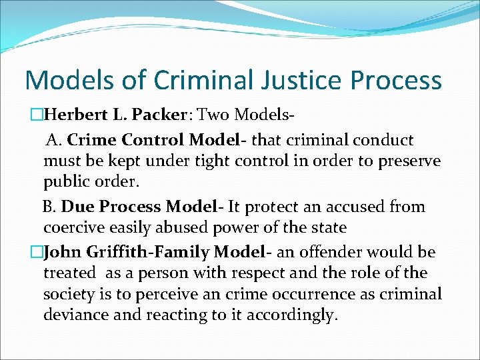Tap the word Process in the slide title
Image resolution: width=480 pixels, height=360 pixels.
pos(395,81)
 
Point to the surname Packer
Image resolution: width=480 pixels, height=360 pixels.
pos(157,115)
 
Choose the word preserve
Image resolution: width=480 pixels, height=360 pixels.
pos(408,161)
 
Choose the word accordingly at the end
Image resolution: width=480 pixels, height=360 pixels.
pos(295,315)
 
